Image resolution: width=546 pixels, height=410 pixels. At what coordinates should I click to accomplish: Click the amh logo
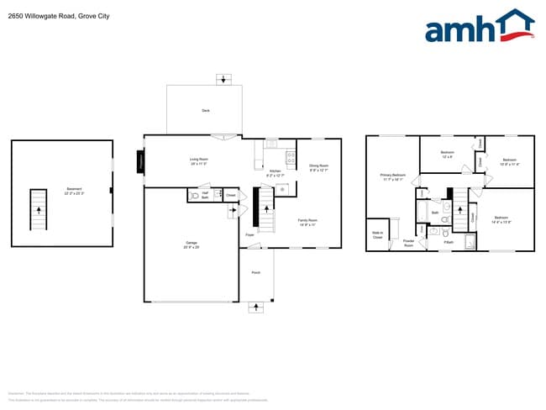coord(479,27)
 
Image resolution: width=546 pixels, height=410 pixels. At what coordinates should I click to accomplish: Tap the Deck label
coord(205,111)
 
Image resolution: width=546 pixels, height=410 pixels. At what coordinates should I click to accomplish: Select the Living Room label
coord(198,160)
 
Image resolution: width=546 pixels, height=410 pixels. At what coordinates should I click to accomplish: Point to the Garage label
coord(192,244)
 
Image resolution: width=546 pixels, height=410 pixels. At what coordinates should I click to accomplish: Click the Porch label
coord(256,273)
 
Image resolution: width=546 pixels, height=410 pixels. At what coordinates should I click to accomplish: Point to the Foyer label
coord(249,235)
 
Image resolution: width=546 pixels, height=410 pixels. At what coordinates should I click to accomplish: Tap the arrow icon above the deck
coord(223,80)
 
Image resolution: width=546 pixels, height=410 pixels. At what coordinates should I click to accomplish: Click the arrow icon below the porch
coord(256,308)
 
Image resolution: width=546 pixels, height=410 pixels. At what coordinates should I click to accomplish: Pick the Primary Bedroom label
coord(393,176)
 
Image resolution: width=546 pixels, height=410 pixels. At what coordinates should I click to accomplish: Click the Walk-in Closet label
coord(377,234)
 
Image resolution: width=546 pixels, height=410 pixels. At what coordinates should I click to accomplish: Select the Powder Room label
coord(408,243)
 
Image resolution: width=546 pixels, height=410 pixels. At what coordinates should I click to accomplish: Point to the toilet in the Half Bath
coord(194,195)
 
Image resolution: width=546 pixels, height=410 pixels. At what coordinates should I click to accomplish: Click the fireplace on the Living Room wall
coord(141,161)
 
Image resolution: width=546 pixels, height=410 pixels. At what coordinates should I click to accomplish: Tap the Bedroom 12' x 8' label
coord(447,155)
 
